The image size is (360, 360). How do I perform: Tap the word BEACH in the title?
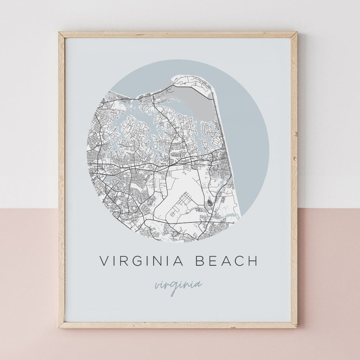227,261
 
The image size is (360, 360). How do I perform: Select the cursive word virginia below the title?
178,285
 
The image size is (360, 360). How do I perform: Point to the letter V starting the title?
104,261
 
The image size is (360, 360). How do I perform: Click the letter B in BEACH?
200,261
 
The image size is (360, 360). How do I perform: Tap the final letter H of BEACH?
253,261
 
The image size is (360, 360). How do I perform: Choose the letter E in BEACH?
213,261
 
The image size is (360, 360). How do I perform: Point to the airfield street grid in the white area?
182,204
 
